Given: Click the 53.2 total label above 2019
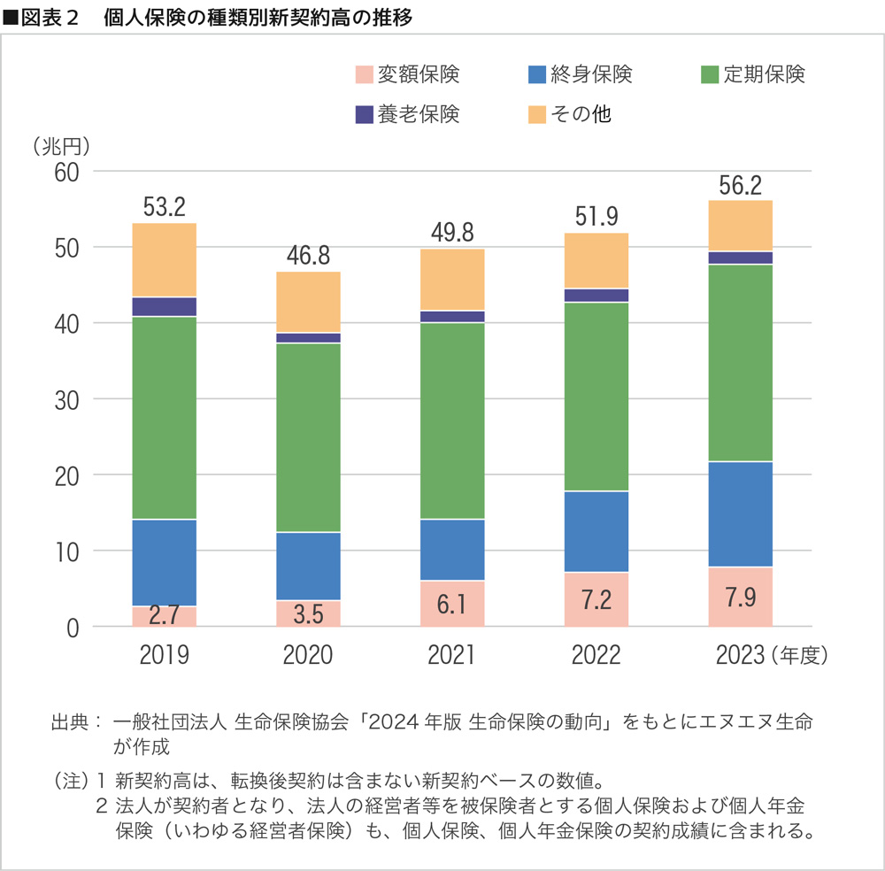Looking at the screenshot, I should pyautogui.click(x=164, y=207).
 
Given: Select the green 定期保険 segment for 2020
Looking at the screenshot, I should pyautogui.click(x=308, y=437).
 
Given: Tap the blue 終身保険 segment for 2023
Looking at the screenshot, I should pyautogui.click(x=741, y=513).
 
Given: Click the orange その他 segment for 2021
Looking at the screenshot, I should pyautogui.click(x=452, y=279).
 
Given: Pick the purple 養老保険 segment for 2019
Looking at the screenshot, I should pyautogui.click(x=164, y=306).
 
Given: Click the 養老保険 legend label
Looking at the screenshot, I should pyautogui.click(x=419, y=113).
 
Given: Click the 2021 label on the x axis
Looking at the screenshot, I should pyautogui.click(x=451, y=655).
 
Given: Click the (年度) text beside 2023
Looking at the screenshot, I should pyautogui.click(x=800, y=655).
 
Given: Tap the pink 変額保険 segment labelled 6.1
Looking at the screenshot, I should pyautogui.click(x=452, y=604).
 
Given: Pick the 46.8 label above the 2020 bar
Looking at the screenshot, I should pyautogui.click(x=308, y=256).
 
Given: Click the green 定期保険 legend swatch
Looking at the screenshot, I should pyautogui.click(x=709, y=75).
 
